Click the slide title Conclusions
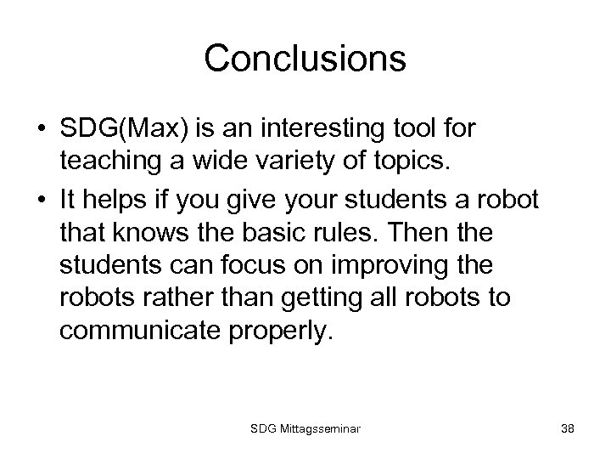pyautogui.click(x=305, y=59)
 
